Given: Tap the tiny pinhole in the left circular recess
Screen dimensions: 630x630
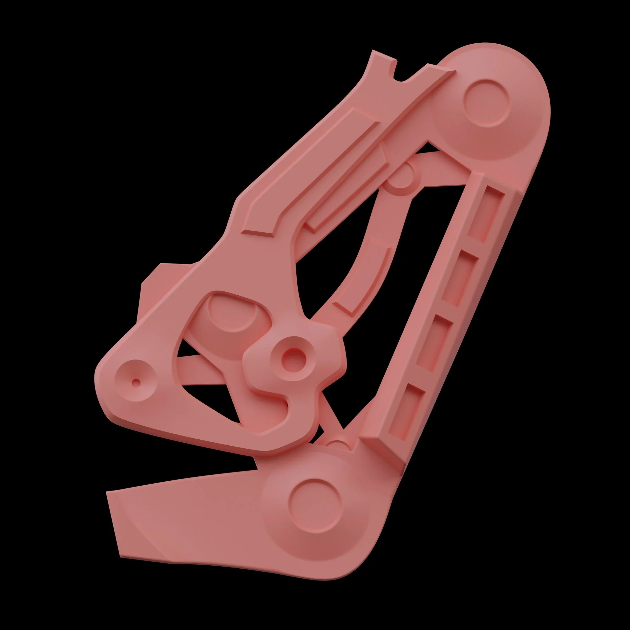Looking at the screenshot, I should coord(136,382).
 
